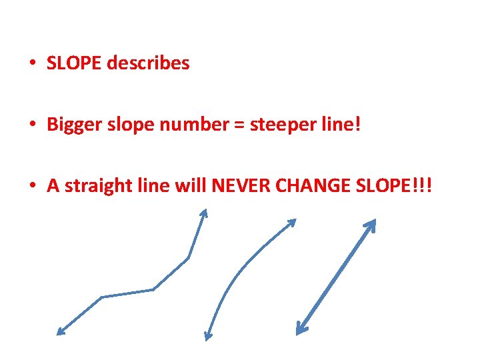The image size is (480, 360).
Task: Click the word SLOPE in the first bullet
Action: click(x=75, y=63)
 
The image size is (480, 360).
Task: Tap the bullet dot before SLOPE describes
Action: click(x=32, y=64)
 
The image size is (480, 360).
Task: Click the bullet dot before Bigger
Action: click(x=32, y=125)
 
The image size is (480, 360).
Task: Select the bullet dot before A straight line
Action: click(x=32, y=187)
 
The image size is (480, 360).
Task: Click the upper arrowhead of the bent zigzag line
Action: click(x=205, y=213)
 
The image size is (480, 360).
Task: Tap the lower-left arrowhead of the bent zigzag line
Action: click(x=60, y=331)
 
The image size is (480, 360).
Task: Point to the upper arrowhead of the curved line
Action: click(x=292, y=223)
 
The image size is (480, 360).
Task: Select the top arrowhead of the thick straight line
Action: click(x=372, y=223)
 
